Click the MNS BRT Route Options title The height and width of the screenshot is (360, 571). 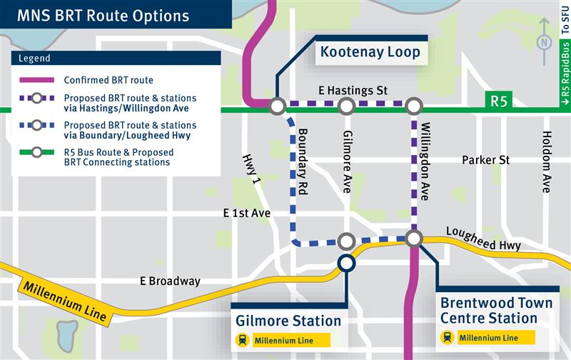click(103, 15)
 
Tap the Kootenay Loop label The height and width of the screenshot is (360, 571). click(370, 52)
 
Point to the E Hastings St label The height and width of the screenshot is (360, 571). click(353, 91)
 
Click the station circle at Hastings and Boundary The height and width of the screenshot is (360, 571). click(278, 106)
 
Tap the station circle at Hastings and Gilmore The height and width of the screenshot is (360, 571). click(346, 106)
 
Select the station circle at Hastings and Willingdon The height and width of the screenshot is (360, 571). click(414, 106)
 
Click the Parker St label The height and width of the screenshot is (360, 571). click(485, 159)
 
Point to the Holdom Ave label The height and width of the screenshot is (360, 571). click(547, 161)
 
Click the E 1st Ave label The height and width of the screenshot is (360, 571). click(247, 213)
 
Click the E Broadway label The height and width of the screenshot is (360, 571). click(171, 281)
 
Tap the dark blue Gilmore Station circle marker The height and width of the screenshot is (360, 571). click(346, 264)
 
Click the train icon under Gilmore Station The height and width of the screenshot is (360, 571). click(243, 341)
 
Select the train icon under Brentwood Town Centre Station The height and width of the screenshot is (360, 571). click(448, 337)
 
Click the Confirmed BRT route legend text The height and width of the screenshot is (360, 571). click(108, 80)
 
